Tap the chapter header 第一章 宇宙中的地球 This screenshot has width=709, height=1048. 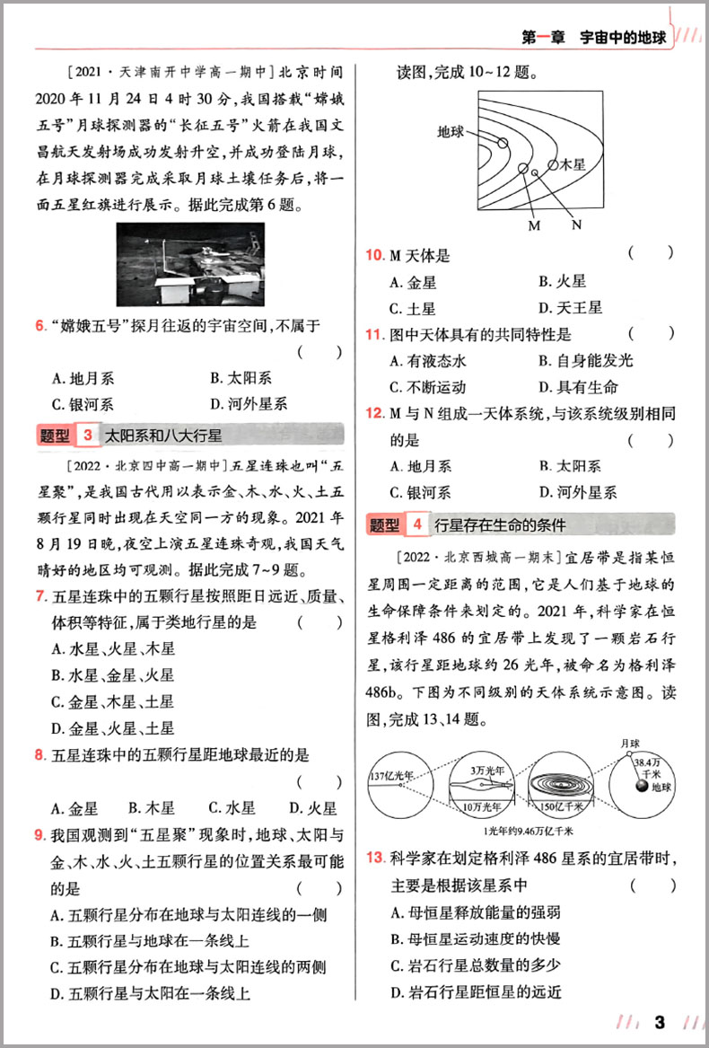593,38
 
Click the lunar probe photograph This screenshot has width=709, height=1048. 190,266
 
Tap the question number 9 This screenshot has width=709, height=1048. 39,836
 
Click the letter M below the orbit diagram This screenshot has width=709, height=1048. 534,225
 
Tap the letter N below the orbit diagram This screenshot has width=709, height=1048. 575,225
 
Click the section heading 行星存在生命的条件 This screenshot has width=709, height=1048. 499,524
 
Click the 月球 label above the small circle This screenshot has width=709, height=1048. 632,743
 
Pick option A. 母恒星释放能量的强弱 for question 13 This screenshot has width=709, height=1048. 476,912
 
